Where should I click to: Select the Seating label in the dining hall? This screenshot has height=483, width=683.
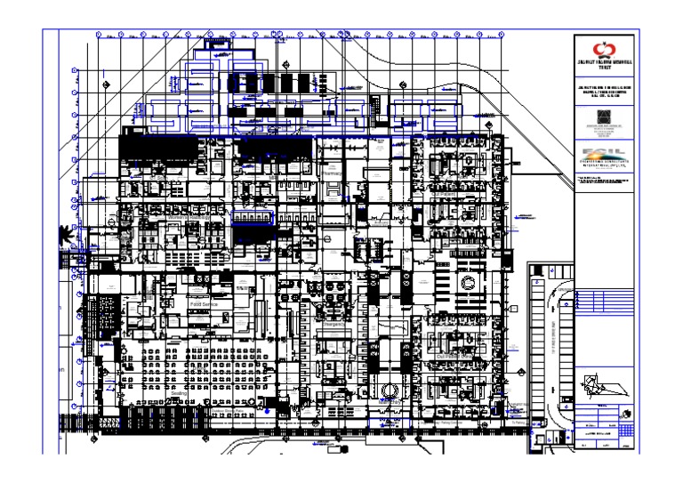pos(180,391)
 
